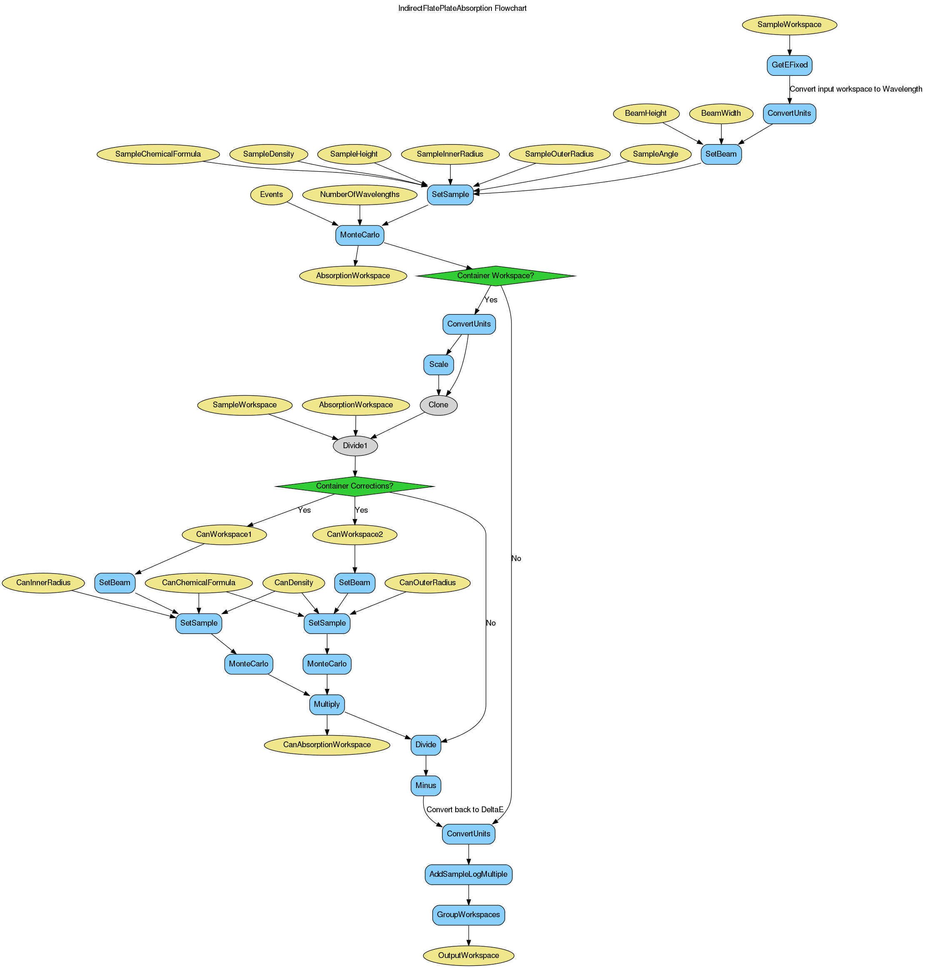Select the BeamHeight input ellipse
(646, 113)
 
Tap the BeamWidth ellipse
(721, 113)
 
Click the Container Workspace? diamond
(496, 276)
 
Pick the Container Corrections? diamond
(354, 486)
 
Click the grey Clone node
(438, 405)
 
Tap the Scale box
(438, 364)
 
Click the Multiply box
(327, 704)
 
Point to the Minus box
(426, 785)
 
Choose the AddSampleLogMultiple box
(468, 874)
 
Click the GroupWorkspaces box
(468, 915)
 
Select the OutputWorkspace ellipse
(468, 955)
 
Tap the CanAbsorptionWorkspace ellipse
(327, 745)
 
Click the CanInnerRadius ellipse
(43, 583)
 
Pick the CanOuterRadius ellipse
(427, 583)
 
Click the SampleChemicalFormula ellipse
(158, 154)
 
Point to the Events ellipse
(271, 194)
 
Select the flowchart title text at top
(462, 8)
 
